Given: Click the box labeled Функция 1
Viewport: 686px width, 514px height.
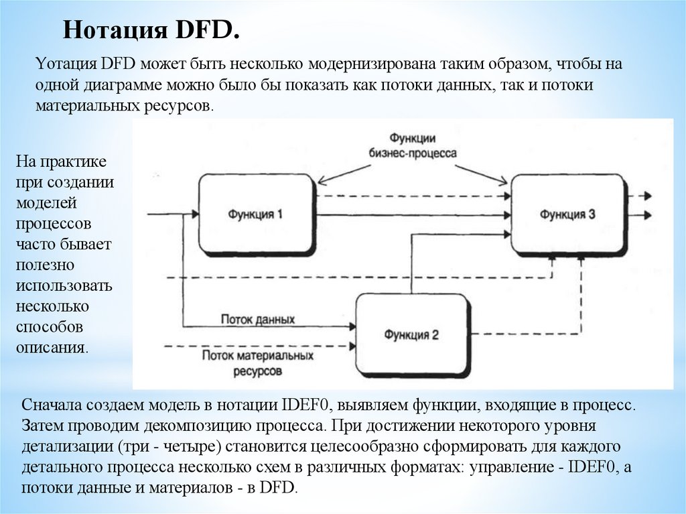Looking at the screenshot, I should tap(257, 214).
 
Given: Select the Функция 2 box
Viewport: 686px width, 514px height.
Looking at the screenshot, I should tap(411, 334).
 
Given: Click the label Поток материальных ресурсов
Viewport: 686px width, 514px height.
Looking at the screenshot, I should tap(258, 362).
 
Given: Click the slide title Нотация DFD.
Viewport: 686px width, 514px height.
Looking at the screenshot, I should tap(151, 31).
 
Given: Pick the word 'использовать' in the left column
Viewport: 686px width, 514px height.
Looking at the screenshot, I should tap(64, 286).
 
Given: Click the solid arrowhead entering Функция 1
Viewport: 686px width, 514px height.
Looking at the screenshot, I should tap(194, 214).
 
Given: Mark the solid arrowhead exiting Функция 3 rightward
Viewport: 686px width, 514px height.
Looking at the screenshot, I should tap(647, 215).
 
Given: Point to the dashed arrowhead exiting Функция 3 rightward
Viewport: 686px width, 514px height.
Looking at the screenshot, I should tap(647, 196).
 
